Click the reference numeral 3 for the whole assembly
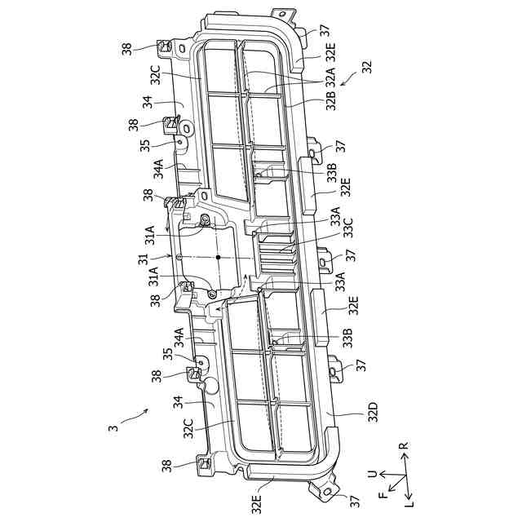click(x=113, y=425)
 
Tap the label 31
click(x=142, y=259)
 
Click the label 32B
click(x=330, y=100)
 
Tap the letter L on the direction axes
click(x=411, y=504)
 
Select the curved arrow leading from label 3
click(x=135, y=415)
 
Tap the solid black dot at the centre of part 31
click(x=219, y=257)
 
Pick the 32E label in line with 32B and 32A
click(x=330, y=54)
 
